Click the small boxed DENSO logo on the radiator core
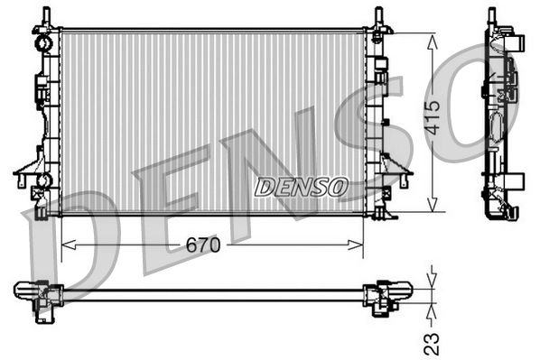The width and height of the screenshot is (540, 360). click(x=301, y=187)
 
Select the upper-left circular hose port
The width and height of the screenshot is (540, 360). click(x=42, y=42)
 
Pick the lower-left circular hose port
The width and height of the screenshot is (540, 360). click(x=42, y=182)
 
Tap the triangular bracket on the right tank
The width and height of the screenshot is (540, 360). click(x=396, y=166)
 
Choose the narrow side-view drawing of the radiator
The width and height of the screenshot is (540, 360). click(x=499, y=117)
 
